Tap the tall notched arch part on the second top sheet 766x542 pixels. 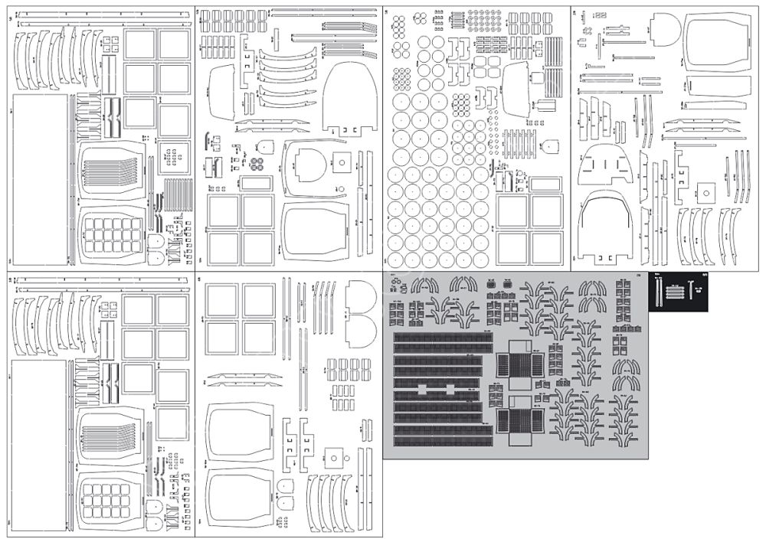coord(350,95)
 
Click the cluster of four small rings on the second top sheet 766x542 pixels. coord(257,164)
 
